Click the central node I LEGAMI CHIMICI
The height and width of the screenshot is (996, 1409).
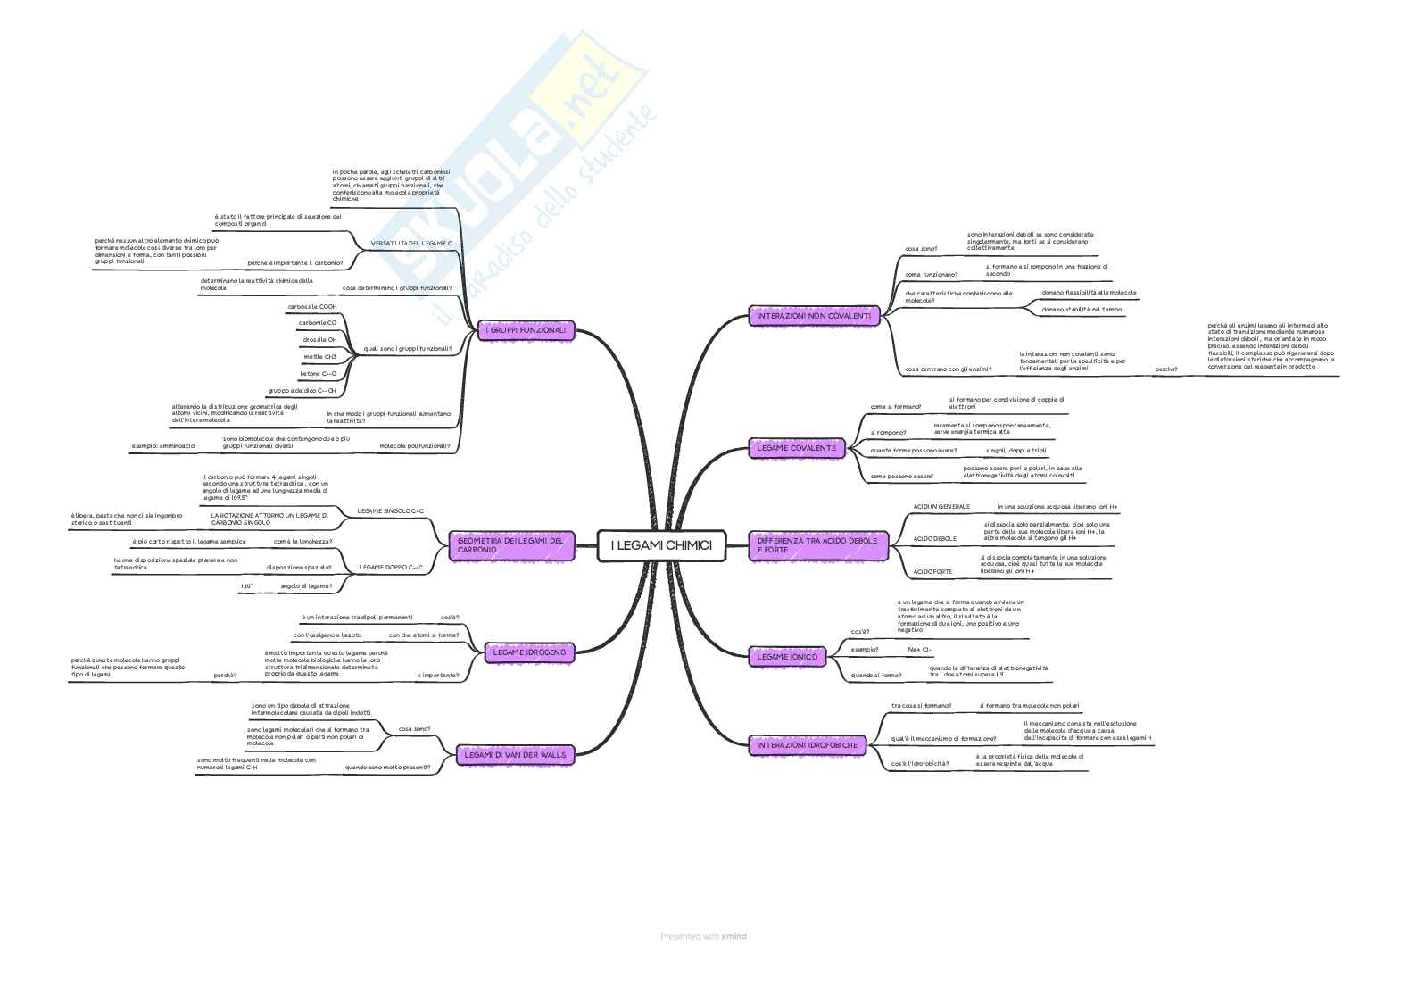click(661, 545)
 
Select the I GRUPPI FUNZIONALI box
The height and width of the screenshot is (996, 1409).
click(526, 330)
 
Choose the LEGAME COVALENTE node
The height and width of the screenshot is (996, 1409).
click(797, 447)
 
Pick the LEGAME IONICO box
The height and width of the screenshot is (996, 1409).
click(787, 657)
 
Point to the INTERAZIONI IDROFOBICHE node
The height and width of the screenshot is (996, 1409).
click(808, 744)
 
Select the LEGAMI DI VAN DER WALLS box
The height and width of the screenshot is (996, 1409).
click(515, 755)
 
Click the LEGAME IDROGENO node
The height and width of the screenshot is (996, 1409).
click(528, 652)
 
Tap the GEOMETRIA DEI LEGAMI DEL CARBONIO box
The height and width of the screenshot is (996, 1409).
click(510, 545)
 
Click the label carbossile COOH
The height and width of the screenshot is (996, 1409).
click(311, 306)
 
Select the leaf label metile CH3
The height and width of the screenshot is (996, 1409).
click(320, 357)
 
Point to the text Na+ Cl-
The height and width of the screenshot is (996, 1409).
click(920, 649)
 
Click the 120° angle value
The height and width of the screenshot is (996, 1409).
click(246, 586)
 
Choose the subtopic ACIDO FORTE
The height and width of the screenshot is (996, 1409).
click(932, 571)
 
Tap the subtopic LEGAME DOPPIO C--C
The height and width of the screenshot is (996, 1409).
click(391, 567)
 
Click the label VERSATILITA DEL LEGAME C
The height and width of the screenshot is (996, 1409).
click(412, 244)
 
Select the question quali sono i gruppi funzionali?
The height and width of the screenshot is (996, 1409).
click(408, 348)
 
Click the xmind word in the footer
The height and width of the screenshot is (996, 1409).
click(734, 936)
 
